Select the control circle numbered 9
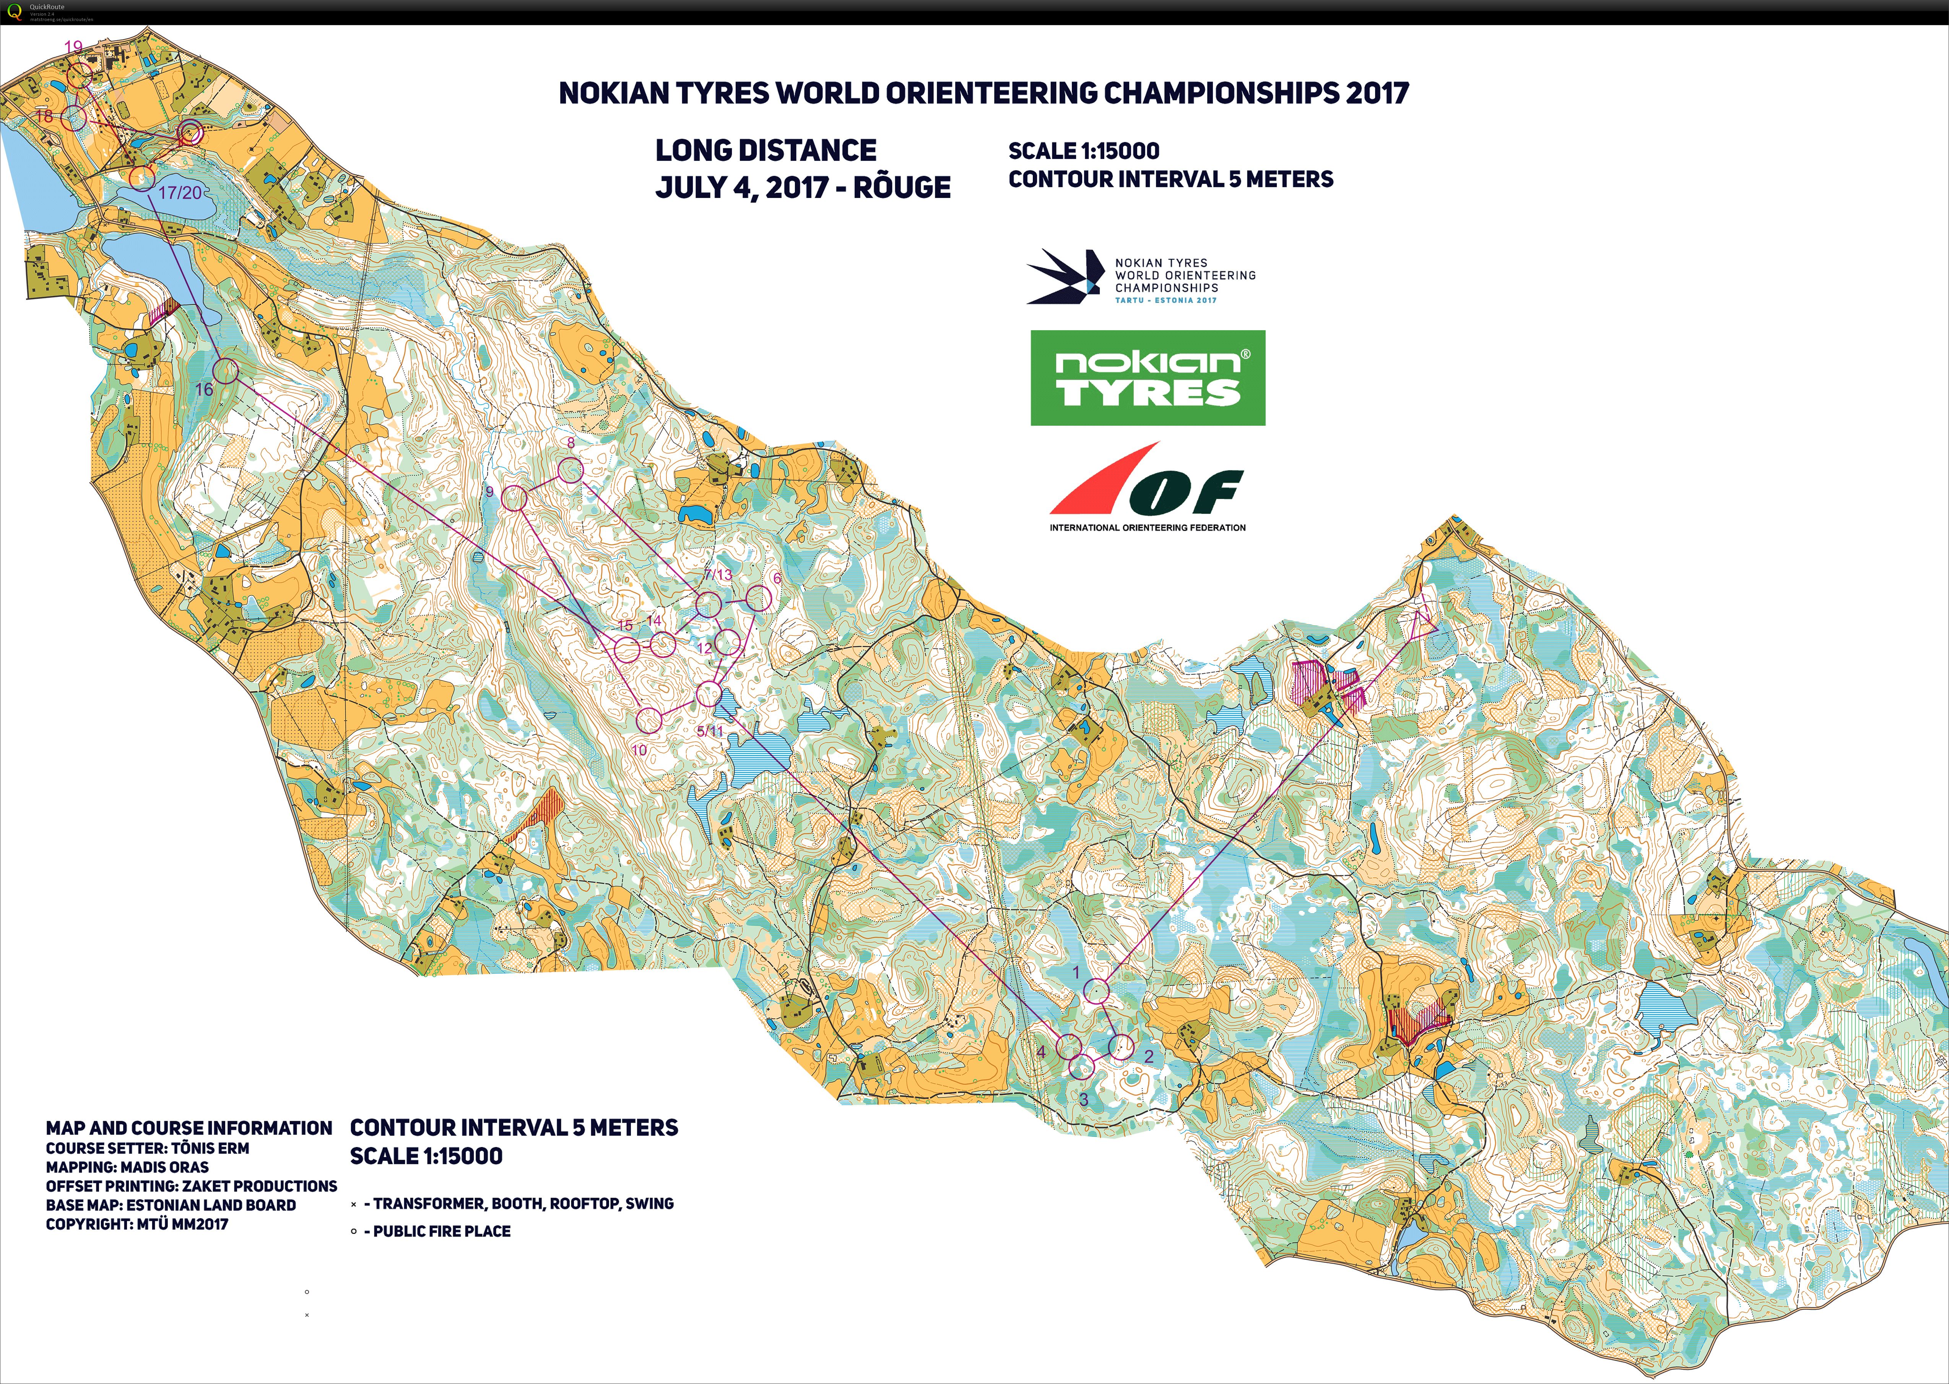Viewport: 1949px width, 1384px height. [x=514, y=498]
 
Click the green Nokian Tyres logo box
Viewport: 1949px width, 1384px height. [x=1148, y=378]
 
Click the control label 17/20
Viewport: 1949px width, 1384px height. [x=180, y=193]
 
